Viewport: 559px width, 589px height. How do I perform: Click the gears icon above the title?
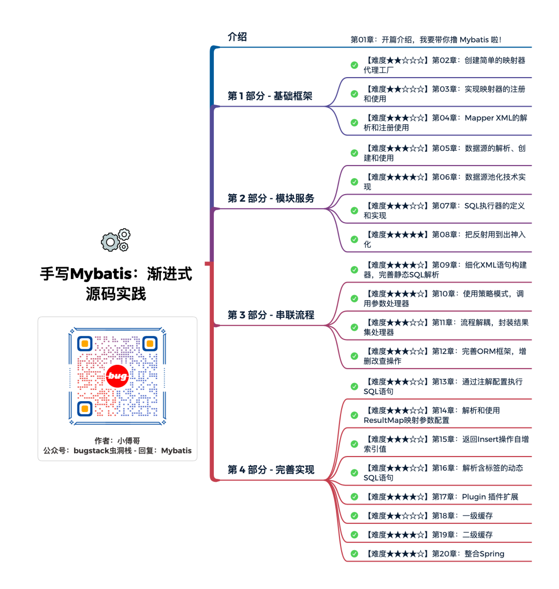[x=116, y=240]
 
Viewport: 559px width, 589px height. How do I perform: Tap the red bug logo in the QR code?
[x=117, y=376]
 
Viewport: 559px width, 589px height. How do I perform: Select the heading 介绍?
[x=237, y=37]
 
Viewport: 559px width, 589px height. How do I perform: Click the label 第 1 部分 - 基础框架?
[x=270, y=96]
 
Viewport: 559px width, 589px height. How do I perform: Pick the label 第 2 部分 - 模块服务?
[x=271, y=198]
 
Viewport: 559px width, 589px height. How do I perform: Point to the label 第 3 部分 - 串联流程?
[x=271, y=315]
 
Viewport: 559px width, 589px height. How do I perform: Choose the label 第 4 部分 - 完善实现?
[x=271, y=469]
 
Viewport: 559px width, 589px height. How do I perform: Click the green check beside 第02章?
[x=354, y=65]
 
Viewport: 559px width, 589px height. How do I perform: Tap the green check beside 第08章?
[x=354, y=239]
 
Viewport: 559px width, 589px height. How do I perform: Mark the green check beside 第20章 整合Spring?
[x=354, y=553]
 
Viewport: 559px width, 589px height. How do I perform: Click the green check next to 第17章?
[x=354, y=496]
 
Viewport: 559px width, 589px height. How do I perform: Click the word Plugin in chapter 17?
[x=474, y=497]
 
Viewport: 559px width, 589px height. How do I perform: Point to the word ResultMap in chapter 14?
[x=384, y=420]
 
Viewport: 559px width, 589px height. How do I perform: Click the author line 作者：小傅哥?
[x=117, y=440]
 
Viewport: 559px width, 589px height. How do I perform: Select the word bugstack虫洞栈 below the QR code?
[x=102, y=451]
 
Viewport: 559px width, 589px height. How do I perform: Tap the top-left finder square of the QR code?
[x=85, y=343]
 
